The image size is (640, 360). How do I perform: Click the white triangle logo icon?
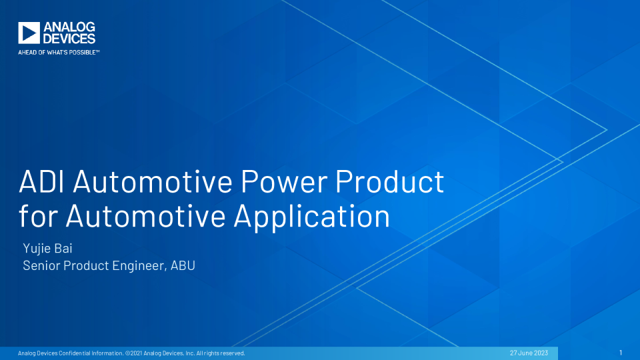(29, 33)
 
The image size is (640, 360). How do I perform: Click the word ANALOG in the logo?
(69, 27)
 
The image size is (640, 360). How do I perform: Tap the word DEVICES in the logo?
(69, 39)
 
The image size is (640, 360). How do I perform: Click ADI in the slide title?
(41, 181)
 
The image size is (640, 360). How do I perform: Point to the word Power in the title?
(284, 181)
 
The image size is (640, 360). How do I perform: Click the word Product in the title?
(390, 181)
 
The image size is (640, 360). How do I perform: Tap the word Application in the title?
(312, 216)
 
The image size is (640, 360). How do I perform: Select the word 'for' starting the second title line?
(38, 216)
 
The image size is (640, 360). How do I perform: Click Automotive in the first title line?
(153, 181)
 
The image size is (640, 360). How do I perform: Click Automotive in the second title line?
(146, 216)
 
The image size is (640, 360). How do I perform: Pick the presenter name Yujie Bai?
(48, 248)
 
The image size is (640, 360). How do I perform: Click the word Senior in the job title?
(41, 265)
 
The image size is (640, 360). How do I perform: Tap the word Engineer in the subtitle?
(139, 266)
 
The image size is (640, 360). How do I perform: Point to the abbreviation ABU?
(183, 265)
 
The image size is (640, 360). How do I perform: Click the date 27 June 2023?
(529, 353)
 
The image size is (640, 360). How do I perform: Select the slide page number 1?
(621, 353)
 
